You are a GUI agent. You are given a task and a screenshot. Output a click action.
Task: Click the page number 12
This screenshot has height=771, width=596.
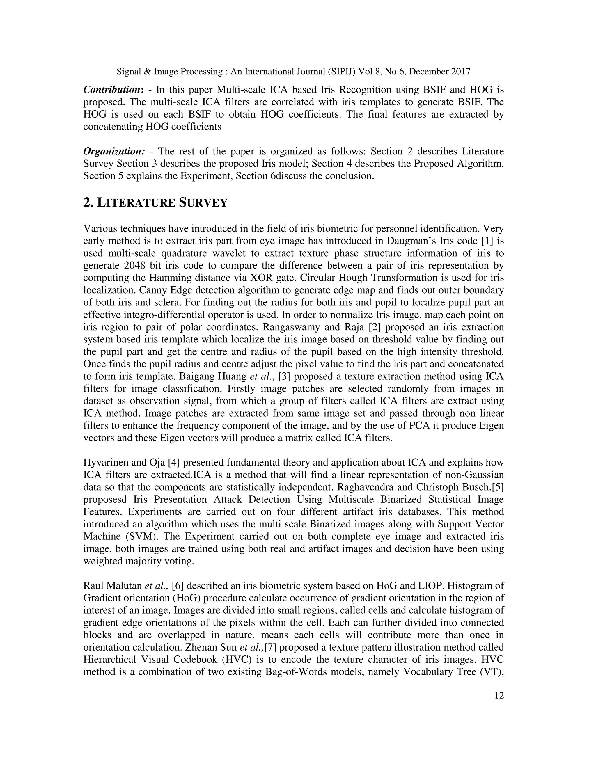pos(499,695)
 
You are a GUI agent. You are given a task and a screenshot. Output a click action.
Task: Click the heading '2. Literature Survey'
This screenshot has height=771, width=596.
pos(155,203)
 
